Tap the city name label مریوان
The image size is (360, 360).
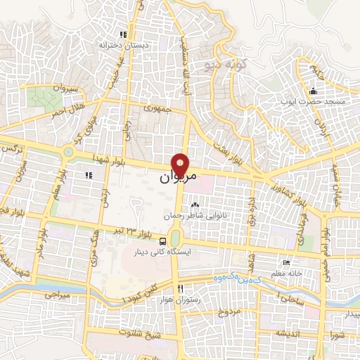[174, 179]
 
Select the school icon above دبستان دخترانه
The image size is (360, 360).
[123, 34]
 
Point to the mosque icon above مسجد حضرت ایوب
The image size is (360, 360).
[314, 91]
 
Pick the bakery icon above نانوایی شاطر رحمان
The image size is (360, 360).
[195, 205]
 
